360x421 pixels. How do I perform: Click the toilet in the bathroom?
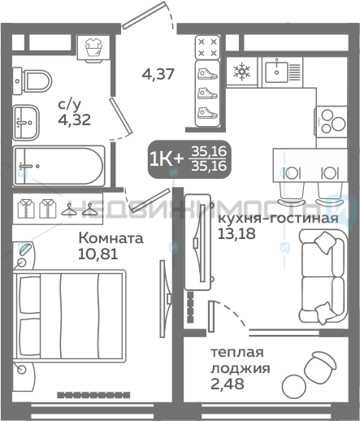pos(33,81)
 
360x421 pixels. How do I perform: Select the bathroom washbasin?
pos(26,123)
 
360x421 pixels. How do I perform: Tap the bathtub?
pos(59,166)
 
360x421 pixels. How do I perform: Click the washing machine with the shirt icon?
pos(93,47)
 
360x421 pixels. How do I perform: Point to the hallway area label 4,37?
pos(158,74)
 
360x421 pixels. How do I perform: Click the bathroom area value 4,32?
pos(74,119)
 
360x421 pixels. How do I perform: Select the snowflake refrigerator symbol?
pos(241,72)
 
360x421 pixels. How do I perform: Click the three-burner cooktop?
pos(331,122)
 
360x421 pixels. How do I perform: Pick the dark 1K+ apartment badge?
pos(189,159)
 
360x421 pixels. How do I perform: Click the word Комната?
pos(111,238)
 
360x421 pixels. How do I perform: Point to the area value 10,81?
pos(98,254)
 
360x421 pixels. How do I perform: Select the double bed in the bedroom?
pos(70,316)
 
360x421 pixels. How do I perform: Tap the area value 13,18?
pos(236,233)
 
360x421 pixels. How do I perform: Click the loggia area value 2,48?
pos(228,384)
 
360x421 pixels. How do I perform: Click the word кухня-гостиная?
pos(279,219)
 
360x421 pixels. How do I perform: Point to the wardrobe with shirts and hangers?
pos(58,209)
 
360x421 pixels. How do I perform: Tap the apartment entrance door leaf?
pos(144,15)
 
